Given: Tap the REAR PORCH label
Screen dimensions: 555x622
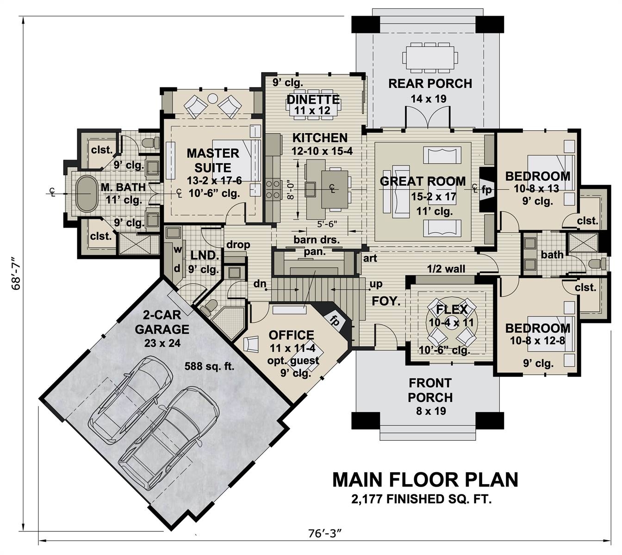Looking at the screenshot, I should [x=430, y=84].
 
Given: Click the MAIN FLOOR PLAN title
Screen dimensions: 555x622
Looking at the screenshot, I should [x=425, y=480].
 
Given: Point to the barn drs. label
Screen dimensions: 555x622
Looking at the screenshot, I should [x=316, y=240].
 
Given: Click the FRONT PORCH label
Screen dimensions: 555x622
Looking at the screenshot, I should [x=430, y=390].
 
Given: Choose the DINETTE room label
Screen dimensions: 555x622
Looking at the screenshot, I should [x=313, y=99].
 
